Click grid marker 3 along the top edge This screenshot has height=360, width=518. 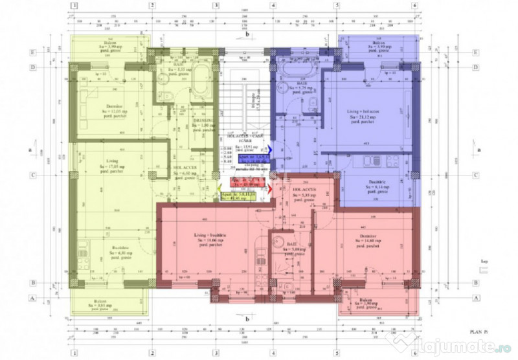(x=215, y=6)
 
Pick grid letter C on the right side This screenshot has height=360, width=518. (x=475, y=175)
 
